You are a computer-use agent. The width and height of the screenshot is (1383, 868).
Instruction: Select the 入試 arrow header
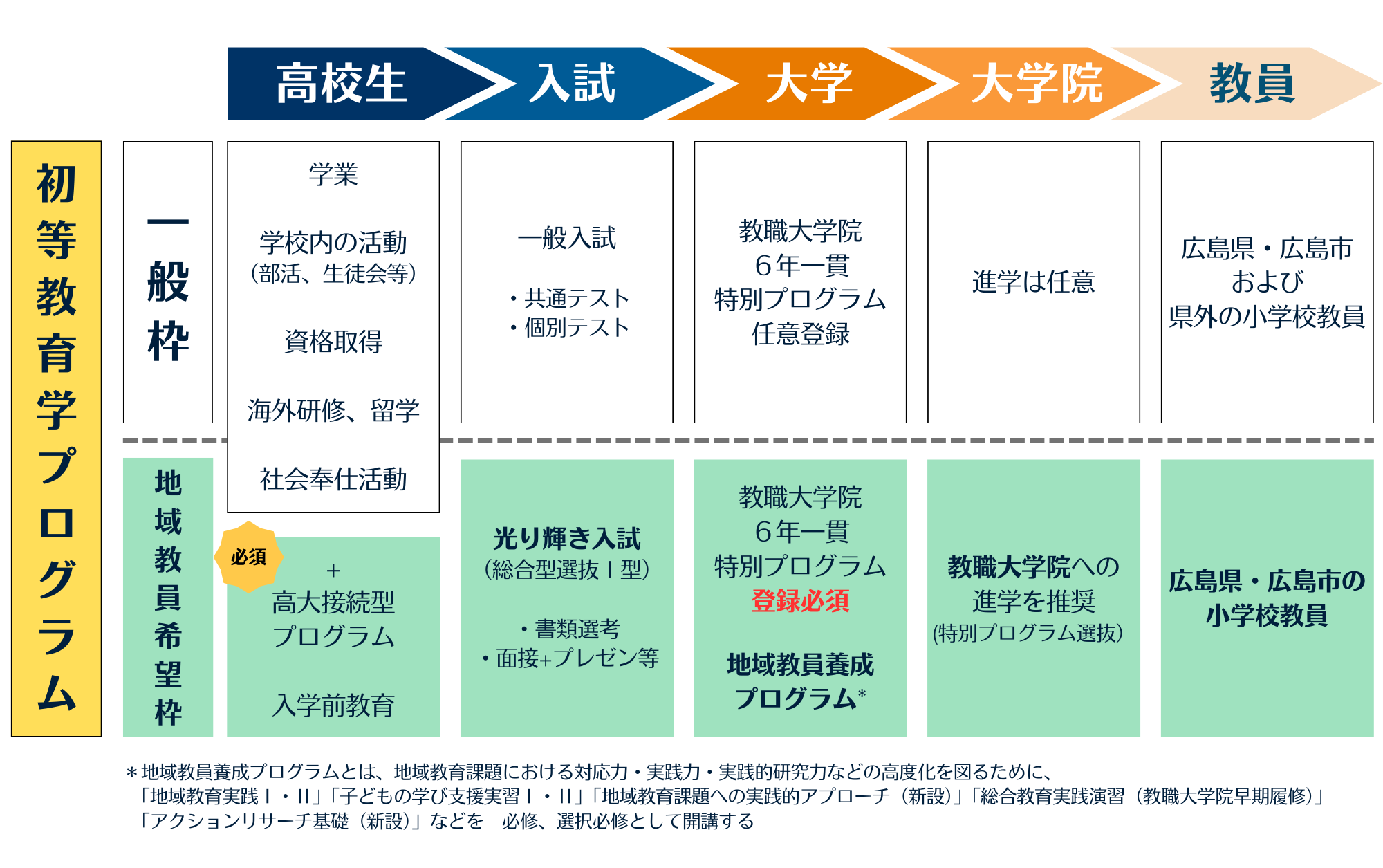(x=573, y=84)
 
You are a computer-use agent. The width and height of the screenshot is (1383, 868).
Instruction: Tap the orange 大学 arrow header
(x=809, y=84)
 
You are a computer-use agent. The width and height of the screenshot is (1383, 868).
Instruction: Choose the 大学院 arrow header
(x=1037, y=84)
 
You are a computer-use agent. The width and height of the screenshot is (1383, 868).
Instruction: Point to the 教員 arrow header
(x=1252, y=84)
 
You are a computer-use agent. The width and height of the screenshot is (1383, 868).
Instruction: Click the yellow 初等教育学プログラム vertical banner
(x=57, y=438)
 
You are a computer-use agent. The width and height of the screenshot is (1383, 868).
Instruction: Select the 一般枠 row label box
(x=168, y=282)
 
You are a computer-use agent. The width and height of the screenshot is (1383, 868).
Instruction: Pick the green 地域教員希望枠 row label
(x=168, y=597)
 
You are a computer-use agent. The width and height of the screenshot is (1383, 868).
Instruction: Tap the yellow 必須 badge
(x=248, y=557)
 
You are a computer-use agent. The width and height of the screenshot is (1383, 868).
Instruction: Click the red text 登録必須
(x=800, y=600)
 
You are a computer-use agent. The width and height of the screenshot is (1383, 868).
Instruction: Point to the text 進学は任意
(x=1033, y=282)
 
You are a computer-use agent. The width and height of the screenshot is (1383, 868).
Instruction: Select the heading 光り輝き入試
(x=567, y=538)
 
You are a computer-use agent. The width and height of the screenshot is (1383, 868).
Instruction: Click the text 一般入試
(x=567, y=238)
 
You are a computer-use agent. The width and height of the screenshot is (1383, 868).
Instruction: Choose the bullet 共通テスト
(x=576, y=298)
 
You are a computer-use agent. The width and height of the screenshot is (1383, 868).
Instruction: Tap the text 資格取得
(x=333, y=342)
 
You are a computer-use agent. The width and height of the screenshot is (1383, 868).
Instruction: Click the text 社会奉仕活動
(x=333, y=479)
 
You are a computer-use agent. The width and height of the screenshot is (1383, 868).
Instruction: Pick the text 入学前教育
(x=333, y=705)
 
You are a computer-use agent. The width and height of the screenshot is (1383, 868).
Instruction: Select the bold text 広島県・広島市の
(x=1267, y=581)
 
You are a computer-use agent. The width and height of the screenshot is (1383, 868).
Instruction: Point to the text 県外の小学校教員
(x=1267, y=316)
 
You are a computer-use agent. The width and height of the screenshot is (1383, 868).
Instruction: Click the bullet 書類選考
(x=577, y=629)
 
